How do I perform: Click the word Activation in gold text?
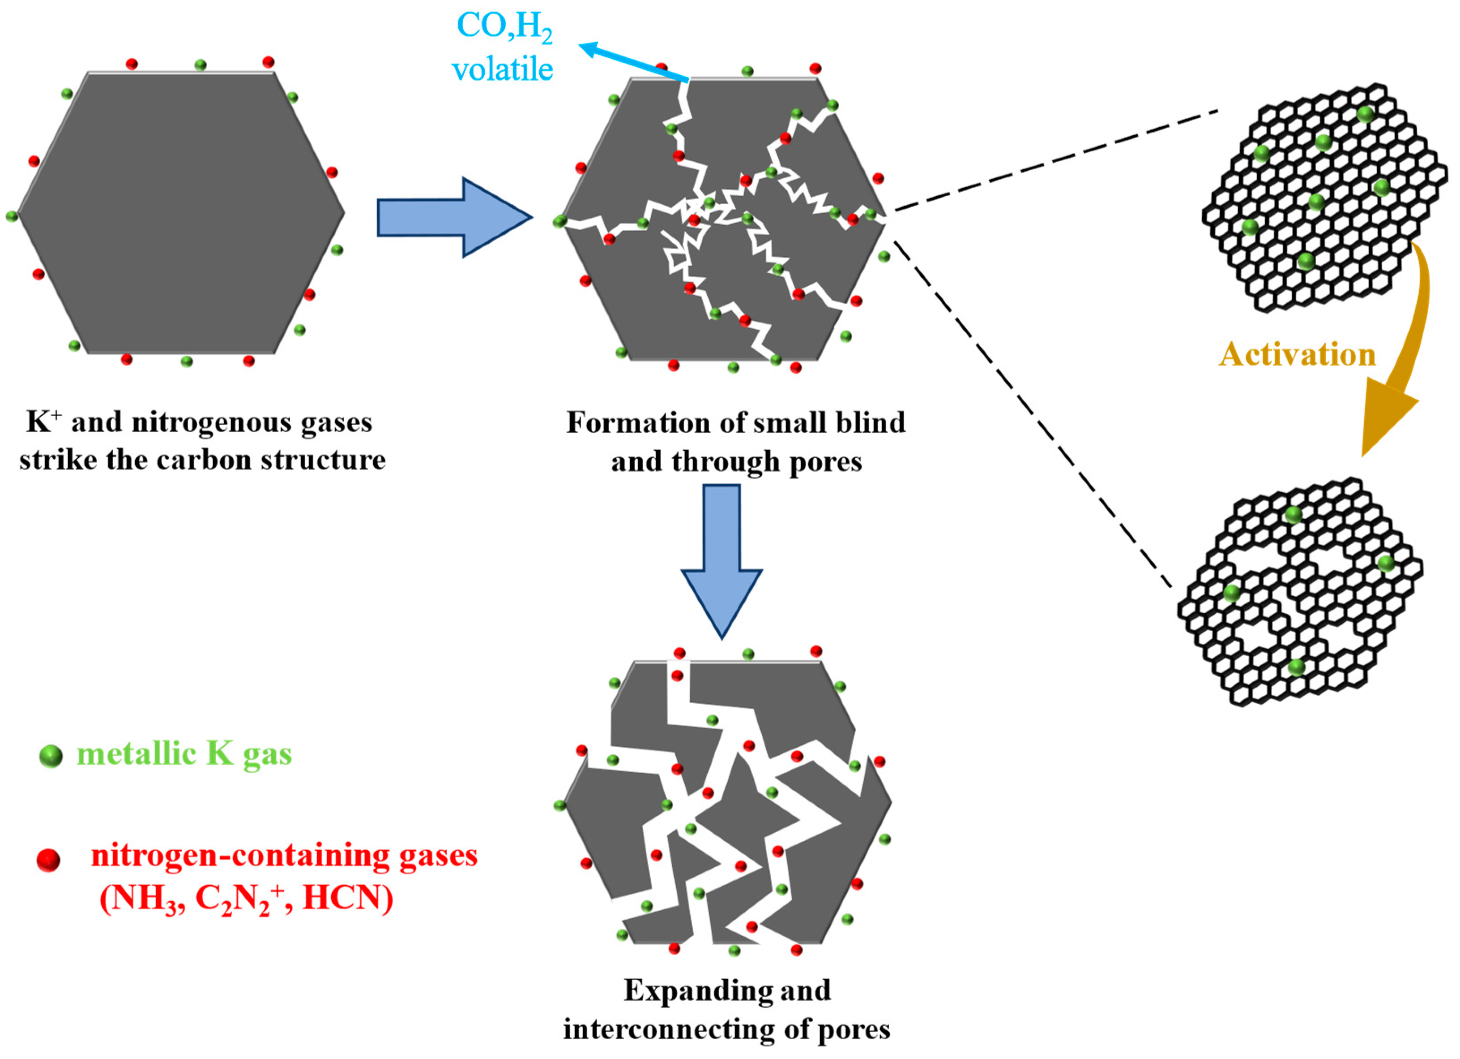(1297, 354)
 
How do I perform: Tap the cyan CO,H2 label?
(504, 27)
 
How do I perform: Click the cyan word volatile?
(503, 69)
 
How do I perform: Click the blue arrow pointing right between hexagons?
(453, 218)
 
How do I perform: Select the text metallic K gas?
(184, 753)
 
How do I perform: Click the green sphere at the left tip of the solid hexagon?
(12, 216)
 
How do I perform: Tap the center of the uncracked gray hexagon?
(180, 213)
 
